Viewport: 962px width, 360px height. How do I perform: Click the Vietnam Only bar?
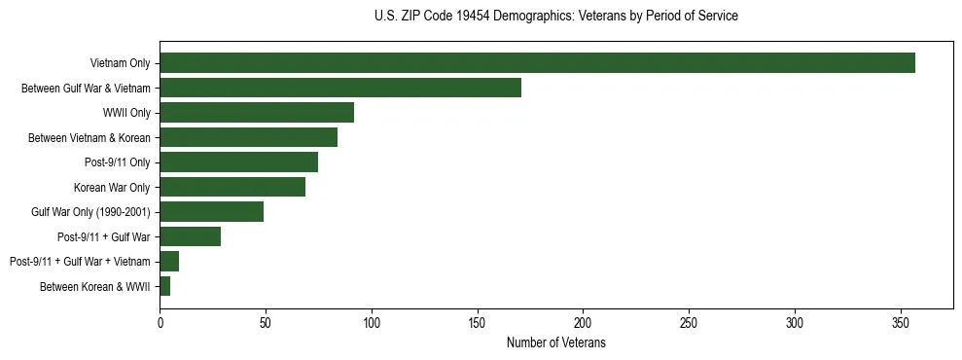[537, 63]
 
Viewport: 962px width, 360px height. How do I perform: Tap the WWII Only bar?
[257, 113]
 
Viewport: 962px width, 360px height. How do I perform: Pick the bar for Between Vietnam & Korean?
[248, 137]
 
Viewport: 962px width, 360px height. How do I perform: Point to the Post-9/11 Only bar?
[238, 162]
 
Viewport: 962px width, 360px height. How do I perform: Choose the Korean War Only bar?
[232, 187]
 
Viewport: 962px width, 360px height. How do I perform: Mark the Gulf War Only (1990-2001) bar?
[211, 211]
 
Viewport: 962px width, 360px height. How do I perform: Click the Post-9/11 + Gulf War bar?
[190, 236]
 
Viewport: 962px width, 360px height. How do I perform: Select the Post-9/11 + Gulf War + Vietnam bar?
[169, 261]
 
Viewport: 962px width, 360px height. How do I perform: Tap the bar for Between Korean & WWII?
[164, 286]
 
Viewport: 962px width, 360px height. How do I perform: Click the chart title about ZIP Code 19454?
[555, 17]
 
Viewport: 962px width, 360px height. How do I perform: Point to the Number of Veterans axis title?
[555, 342]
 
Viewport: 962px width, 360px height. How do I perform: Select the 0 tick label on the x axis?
[160, 322]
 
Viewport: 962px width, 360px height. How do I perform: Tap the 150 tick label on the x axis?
[478, 322]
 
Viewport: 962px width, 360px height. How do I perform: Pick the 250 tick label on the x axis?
[689, 322]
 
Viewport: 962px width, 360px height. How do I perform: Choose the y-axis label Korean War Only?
[112, 187]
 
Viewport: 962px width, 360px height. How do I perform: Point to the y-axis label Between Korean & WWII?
[95, 286]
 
